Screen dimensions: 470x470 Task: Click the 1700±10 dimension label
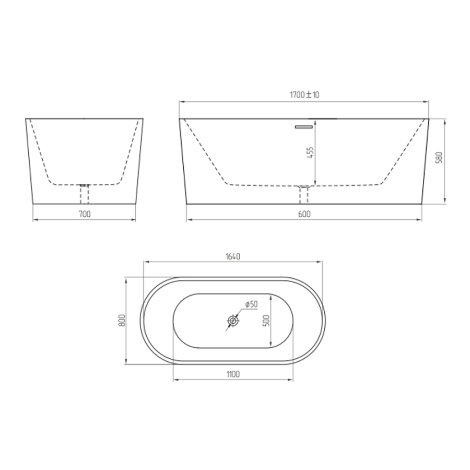[304, 95]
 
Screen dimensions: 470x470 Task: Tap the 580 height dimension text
[440, 158]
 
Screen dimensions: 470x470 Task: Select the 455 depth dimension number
[311, 153]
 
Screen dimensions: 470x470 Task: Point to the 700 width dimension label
[85, 214]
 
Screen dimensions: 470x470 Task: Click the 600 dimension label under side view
[304, 214]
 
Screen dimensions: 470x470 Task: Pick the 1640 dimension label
[233, 257]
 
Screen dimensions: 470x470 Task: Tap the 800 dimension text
[122, 321]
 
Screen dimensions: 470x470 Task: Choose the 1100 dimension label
[233, 374]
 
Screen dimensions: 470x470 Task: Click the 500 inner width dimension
[266, 321]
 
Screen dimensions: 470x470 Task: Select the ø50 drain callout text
[251, 304]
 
